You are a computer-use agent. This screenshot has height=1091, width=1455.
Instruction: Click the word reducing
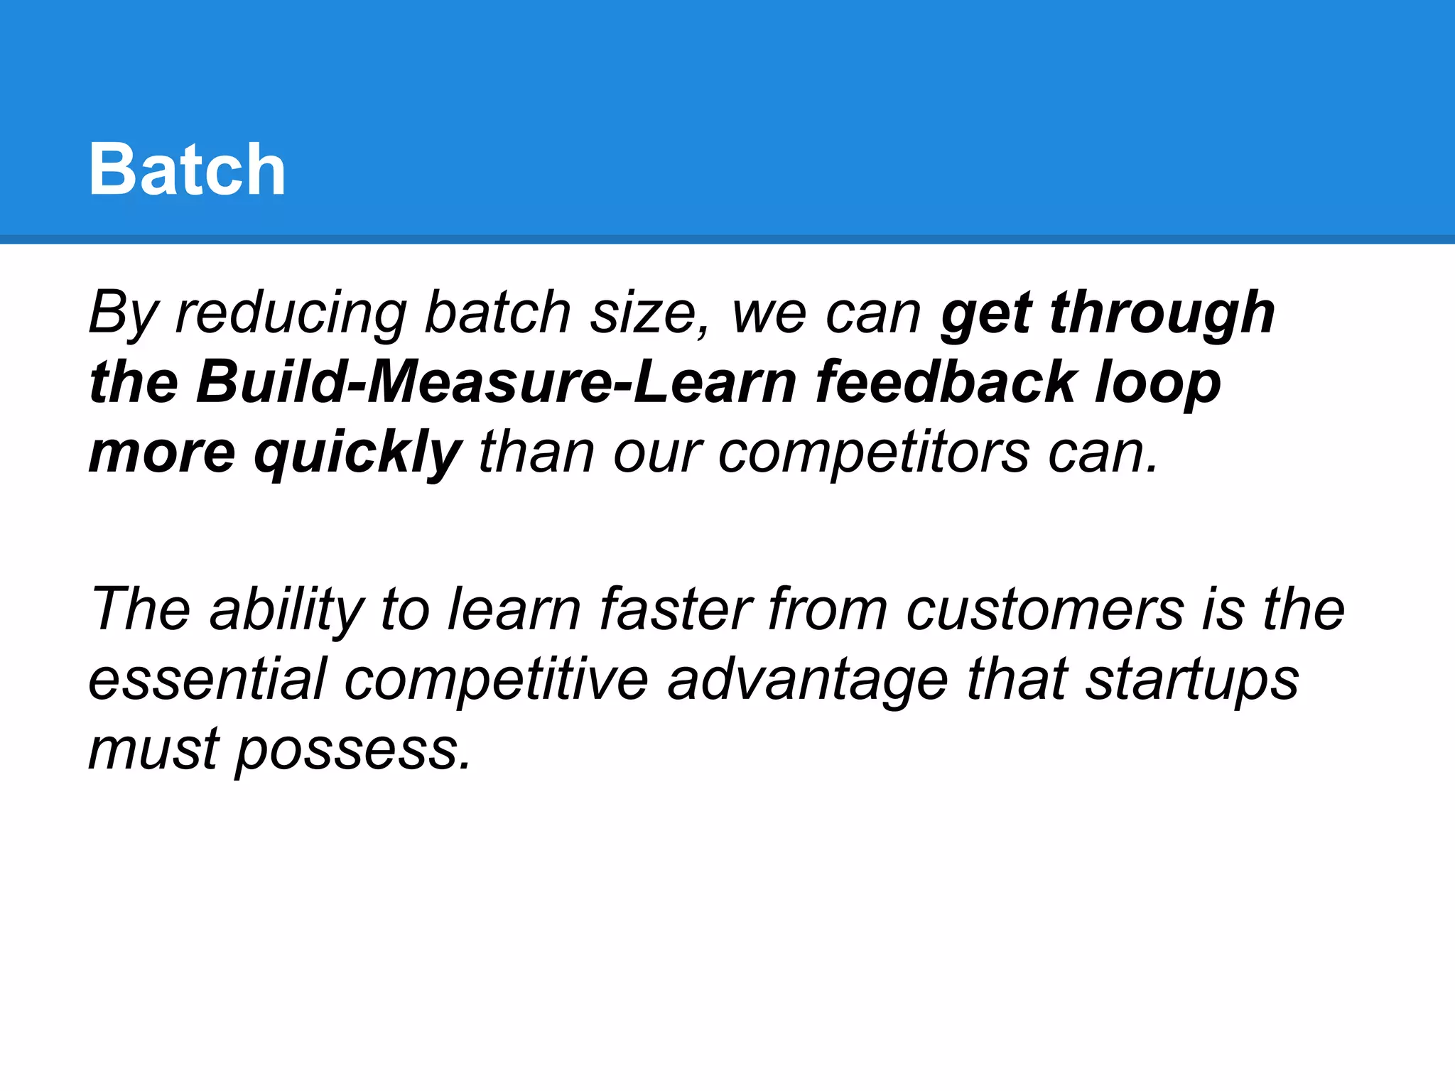pyautogui.click(x=291, y=313)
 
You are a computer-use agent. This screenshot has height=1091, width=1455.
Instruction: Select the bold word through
pyautogui.click(x=1162, y=313)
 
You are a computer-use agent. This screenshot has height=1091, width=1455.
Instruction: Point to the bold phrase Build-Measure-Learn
pyautogui.click(x=496, y=382)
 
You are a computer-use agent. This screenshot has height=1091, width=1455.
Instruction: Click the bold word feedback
pyautogui.click(x=946, y=382)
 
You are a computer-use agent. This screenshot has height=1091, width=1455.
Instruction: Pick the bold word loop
pyautogui.click(x=1157, y=384)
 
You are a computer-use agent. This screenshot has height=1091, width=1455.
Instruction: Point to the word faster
pyautogui.click(x=676, y=609)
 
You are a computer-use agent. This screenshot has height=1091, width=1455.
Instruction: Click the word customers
pyautogui.click(x=1045, y=610)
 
